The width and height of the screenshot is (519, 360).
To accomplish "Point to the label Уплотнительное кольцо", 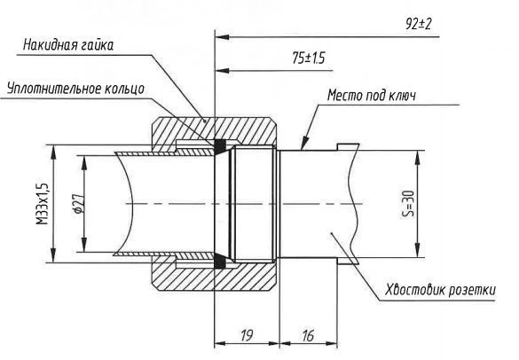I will [68, 90].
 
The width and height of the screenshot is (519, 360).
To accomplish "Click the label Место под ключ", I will [372, 95].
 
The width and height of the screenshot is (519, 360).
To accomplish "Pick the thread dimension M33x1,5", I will [43, 205].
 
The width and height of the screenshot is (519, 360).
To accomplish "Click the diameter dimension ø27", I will [77, 205].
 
